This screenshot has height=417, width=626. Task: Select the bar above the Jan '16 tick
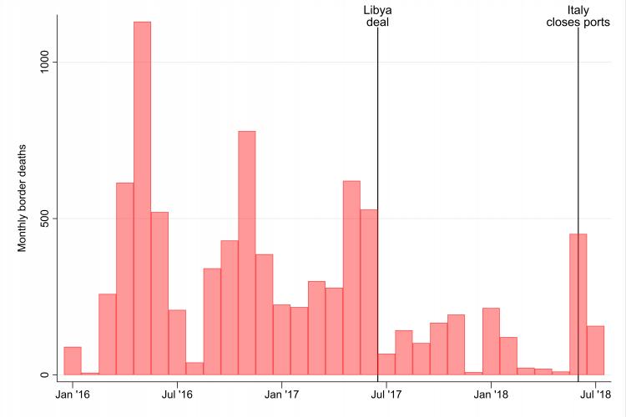[x=73, y=361]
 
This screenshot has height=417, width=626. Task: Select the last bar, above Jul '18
[x=595, y=350]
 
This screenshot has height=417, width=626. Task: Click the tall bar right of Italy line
[x=578, y=304]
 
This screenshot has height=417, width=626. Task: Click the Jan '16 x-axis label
[x=73, y=392]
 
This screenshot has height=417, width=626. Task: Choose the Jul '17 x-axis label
[x=386, y=392]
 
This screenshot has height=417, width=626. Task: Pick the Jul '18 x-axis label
[x=595, y=392]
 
